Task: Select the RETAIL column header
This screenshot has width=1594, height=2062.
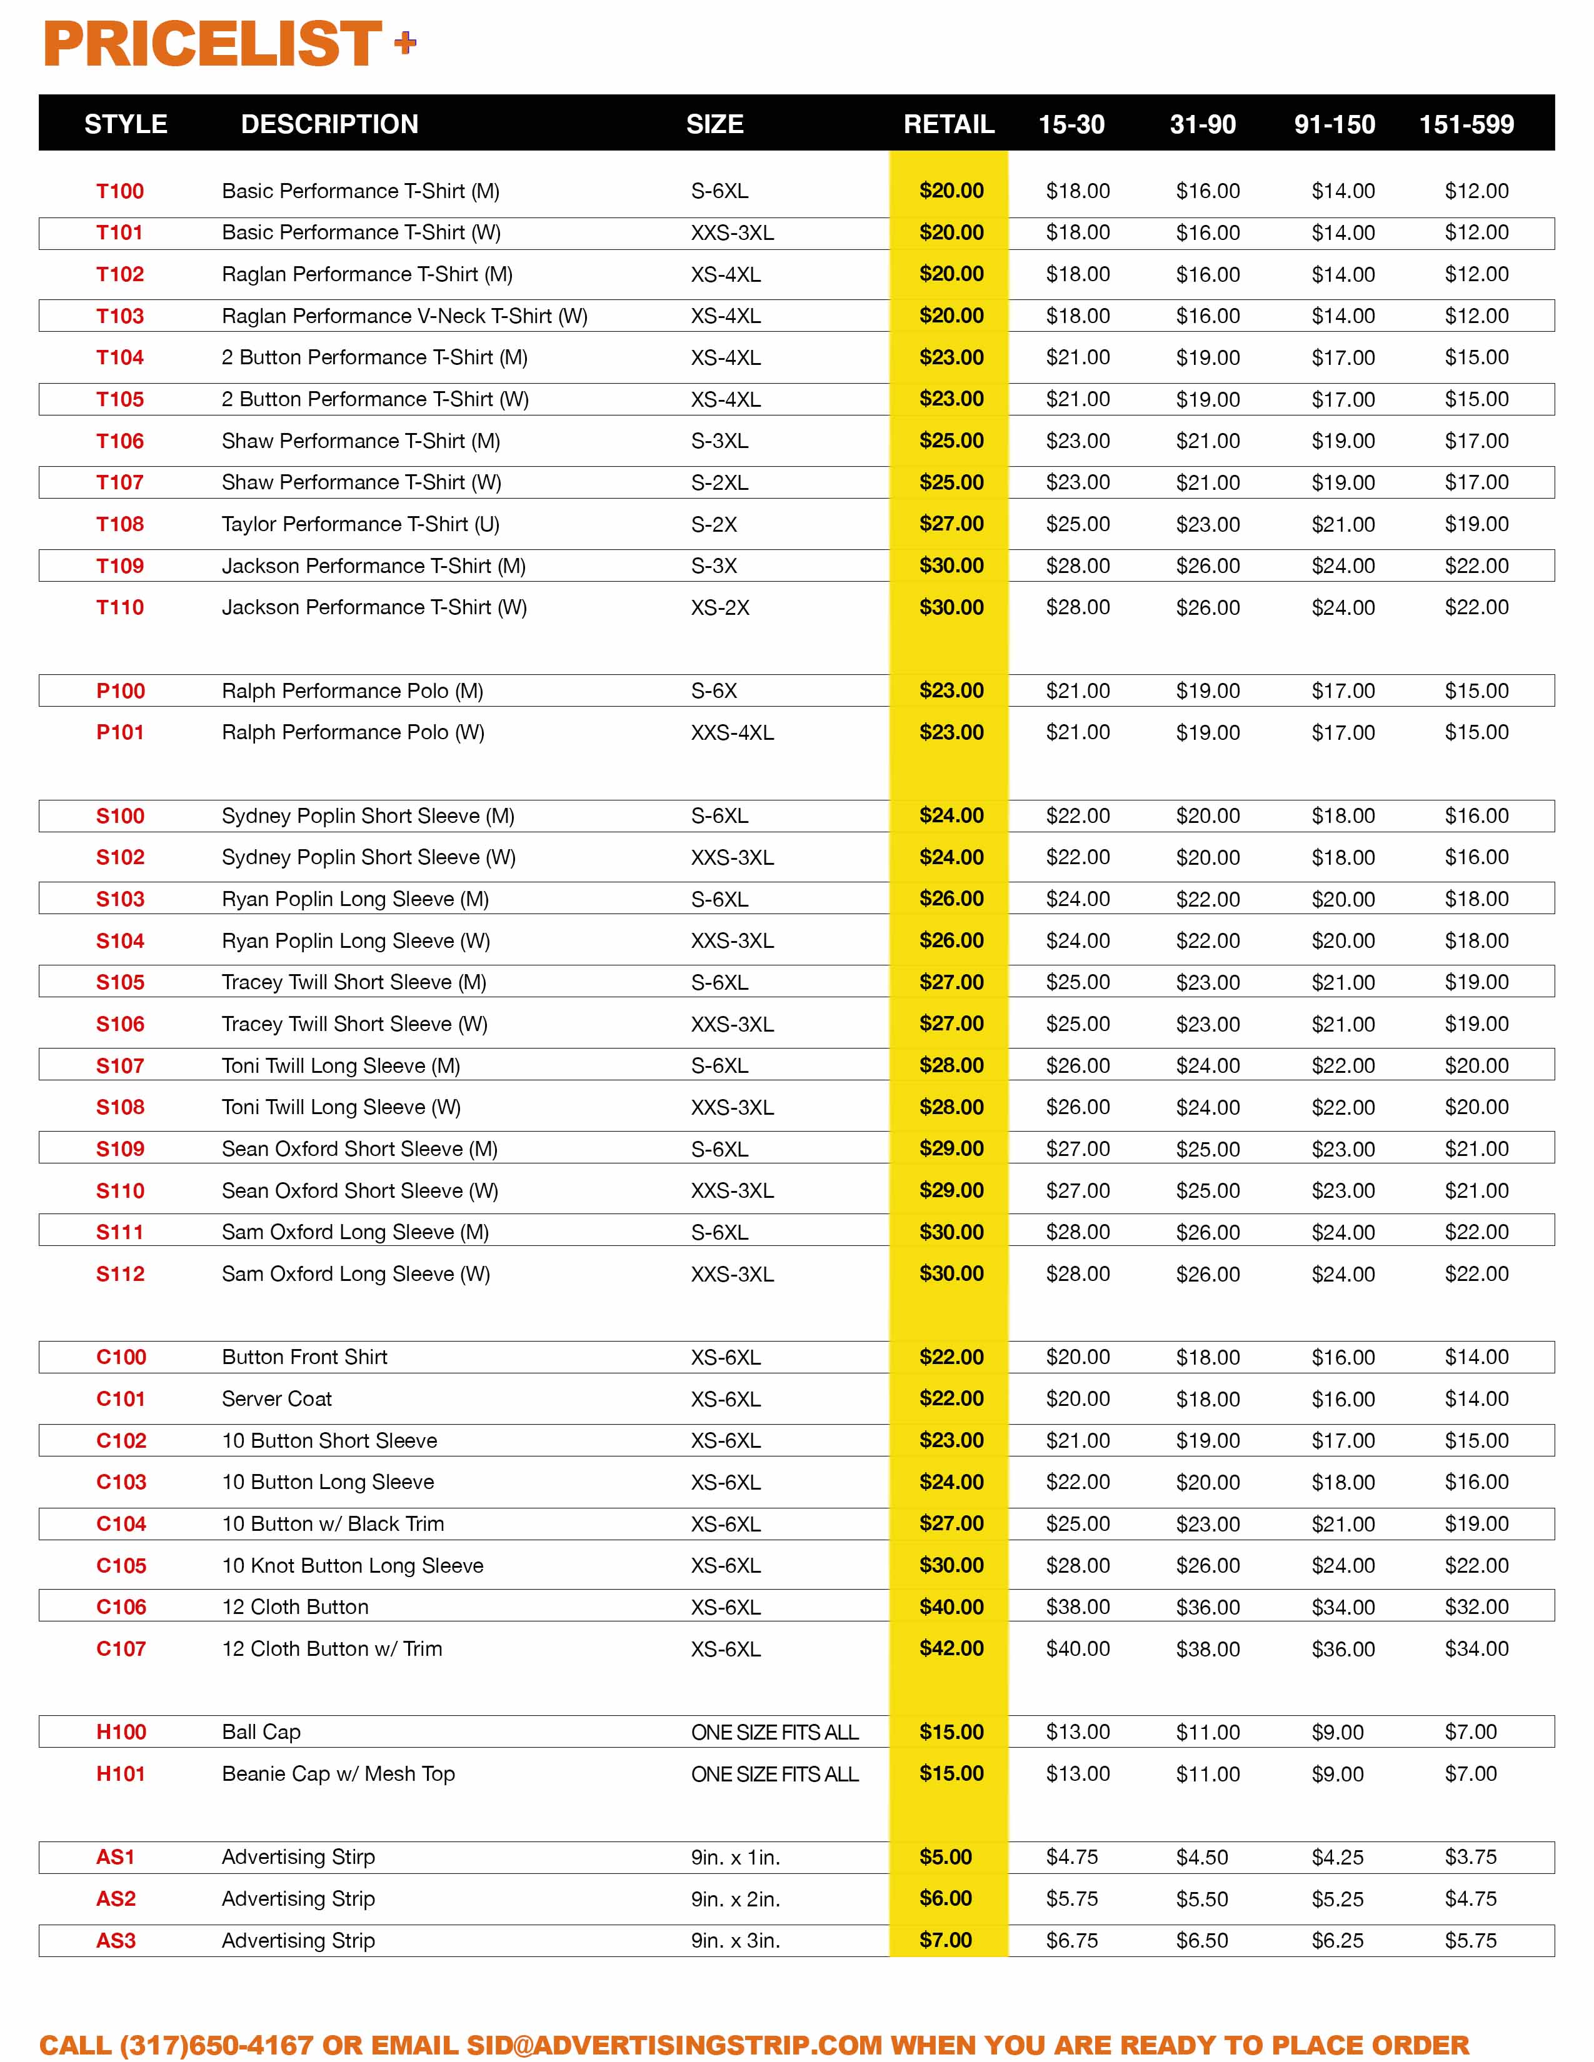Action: point(948,124)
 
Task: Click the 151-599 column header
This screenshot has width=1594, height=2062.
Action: point(1466,124)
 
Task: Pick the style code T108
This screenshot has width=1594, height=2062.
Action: point(120,524)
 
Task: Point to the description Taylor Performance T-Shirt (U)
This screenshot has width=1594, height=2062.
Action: point(361,524)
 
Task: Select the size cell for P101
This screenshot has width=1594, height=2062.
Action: point(732,733)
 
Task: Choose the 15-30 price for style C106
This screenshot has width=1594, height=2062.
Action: point(1078,1607)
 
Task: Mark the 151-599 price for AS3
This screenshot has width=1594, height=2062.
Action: point(1470,1940)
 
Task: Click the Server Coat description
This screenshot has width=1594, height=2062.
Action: point(277,1398)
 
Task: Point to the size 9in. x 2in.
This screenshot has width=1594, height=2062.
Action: point(734,1899)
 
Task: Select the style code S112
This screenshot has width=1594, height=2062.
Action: point(120,1273)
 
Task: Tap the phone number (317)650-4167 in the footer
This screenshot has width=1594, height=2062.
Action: point(216,2045)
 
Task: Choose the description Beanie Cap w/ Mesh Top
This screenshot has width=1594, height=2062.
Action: point(338,1773)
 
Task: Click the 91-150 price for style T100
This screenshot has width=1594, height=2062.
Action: point(1343,191)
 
